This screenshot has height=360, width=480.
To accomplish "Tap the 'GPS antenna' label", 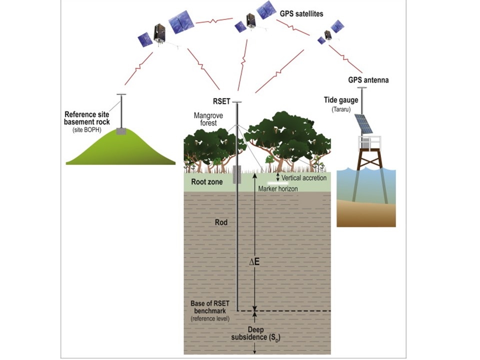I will [x=368, y=79].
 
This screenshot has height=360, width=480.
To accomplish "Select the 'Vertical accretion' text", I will [x=304, y=178].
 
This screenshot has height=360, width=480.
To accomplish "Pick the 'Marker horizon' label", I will [x=278, y=189].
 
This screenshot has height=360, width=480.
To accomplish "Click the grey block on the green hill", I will [x=121, y=131].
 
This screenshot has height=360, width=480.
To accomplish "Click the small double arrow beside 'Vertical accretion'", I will [x=278, y=177].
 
